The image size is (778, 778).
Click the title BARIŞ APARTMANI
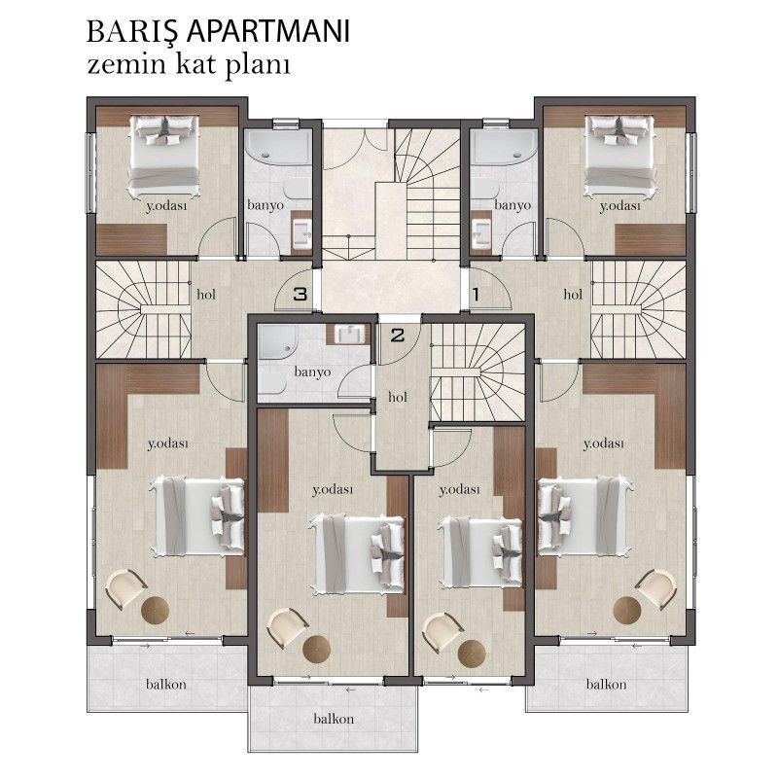coord(218,31)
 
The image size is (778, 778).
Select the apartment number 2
coord(397,336)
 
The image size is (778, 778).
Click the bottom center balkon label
coord(333,720)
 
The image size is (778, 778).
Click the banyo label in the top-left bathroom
coord(265,205)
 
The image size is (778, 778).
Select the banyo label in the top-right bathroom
coord(512,205)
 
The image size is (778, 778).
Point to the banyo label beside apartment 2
coord(312,371)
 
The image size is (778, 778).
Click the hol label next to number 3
coord(206,293)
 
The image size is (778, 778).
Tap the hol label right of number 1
coord(572,293)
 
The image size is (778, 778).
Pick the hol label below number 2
coord(397,397)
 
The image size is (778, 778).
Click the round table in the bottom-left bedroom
coord(157,612)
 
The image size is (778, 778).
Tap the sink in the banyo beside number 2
coord(348,335)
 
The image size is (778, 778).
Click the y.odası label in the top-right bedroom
coord(619,206)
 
